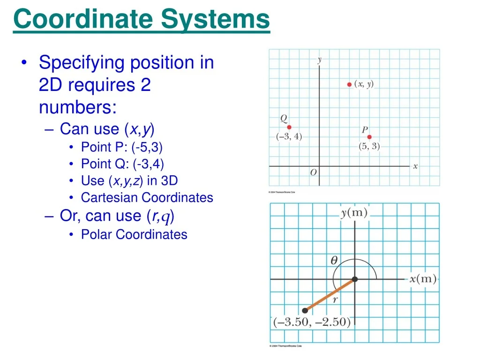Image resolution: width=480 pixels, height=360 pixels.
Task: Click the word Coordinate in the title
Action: point(83,20)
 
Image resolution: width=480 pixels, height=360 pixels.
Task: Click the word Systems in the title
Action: point(216,20)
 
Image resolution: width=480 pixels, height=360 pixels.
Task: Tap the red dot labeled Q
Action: point(289,127)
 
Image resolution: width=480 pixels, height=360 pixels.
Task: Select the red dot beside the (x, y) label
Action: point(349,84)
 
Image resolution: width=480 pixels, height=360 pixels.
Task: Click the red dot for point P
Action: point(369,137)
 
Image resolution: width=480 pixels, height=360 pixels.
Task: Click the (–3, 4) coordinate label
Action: point(289,137)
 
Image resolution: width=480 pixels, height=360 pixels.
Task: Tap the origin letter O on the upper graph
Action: point(314,172)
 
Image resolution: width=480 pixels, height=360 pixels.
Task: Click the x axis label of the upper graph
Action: point(415,166)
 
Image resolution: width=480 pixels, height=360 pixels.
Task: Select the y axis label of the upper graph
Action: point(320,60)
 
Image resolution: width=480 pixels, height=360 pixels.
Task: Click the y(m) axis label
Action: point(354,213)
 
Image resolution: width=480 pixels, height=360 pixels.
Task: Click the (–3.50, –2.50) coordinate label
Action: point(312,322)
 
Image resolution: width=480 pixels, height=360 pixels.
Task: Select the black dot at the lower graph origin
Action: point(355,279)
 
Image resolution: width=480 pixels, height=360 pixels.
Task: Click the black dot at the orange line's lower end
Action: point(305,310)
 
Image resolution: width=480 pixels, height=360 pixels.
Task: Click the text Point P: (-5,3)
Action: point(122,147)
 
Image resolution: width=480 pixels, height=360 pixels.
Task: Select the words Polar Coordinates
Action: point(134,234)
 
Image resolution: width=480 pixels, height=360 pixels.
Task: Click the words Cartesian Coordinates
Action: point(147,197)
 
